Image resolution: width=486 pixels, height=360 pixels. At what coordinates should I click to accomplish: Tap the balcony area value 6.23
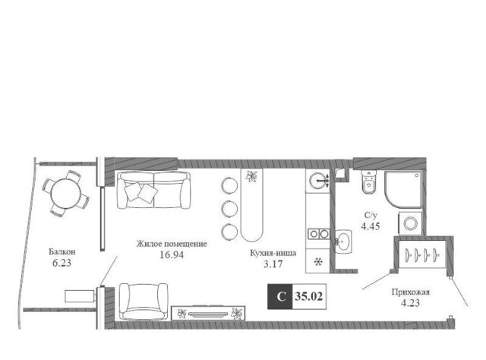tap(62, 263)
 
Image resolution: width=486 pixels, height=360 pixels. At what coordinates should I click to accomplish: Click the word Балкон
tap(62, 252)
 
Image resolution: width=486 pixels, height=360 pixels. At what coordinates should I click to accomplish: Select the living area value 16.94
tap(172, 255)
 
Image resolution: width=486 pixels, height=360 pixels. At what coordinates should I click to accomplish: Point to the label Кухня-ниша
tap(273, 253)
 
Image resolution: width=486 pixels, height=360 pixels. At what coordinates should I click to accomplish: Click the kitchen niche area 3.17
tap(273, 264)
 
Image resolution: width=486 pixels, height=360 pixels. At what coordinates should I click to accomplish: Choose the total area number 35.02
tap(309, 296)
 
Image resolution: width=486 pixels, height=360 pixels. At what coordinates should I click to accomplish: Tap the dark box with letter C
tap(280, 296)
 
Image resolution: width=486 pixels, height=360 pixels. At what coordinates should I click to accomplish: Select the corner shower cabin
tap(403, 189)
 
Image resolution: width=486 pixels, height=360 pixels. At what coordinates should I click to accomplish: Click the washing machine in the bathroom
tap(410, 223)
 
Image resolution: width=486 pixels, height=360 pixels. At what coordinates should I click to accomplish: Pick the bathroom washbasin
tap(343, 242)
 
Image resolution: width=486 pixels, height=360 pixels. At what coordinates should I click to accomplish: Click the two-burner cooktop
tap(319, 234)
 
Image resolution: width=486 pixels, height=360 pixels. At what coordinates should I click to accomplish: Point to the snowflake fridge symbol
tap(318, 262)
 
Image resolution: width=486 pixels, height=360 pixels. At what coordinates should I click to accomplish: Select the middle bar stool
tap(229, 208)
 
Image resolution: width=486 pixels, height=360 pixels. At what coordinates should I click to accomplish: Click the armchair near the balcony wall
tap(144, 302)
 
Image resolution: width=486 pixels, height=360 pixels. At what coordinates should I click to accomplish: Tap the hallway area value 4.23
tap(410, 303)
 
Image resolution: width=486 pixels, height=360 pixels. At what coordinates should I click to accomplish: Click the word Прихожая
tap(410, 292)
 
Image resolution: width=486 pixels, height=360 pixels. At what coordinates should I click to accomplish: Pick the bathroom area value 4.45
tap(371, 226)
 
